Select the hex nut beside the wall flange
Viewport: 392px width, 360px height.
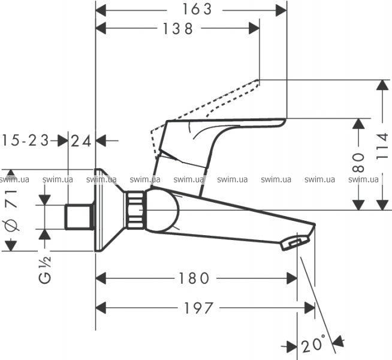[136, 211]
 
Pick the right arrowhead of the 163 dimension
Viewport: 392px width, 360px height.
[282, 9]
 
